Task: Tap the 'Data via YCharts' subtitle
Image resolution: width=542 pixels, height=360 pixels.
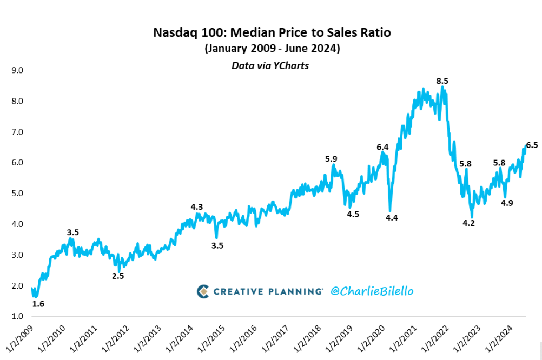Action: (270, 65)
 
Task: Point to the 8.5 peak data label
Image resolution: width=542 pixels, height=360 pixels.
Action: (442, 81)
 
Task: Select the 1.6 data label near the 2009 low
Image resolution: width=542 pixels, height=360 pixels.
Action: (38, 304)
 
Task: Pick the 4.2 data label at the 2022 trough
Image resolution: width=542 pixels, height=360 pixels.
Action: (468, 223)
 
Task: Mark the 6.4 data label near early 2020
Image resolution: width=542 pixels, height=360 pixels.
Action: (382, 147)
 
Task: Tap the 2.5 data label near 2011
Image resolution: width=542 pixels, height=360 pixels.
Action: (118, 276)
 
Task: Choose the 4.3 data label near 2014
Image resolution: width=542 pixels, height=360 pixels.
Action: (197, 206)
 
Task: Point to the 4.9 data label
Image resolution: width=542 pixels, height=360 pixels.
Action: (507, 203)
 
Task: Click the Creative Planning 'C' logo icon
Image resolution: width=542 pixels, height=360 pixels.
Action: (203, 291)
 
